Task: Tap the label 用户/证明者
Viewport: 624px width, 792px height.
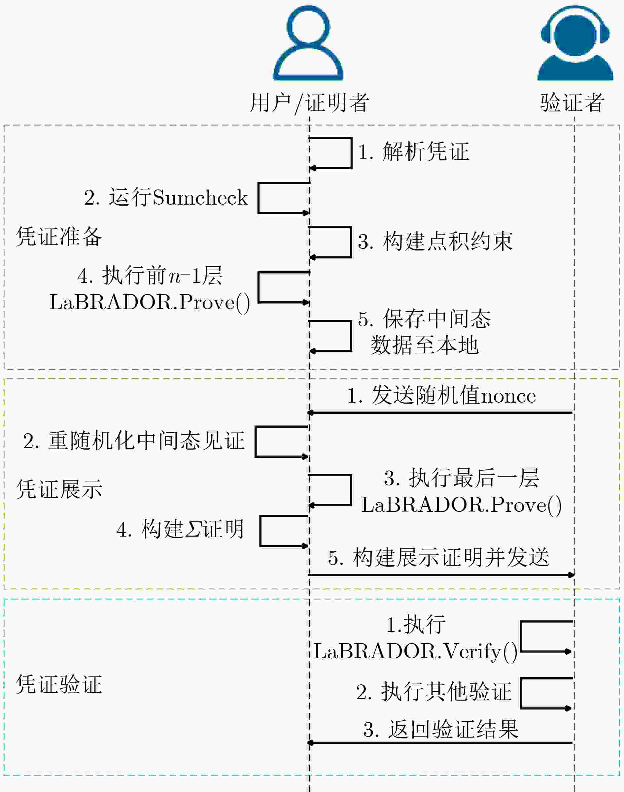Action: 309,103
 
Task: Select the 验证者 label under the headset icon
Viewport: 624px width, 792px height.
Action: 572,102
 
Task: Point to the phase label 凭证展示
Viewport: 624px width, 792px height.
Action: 59,489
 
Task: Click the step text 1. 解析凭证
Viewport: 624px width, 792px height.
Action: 414,151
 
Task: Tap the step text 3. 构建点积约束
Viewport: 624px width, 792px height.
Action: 435,241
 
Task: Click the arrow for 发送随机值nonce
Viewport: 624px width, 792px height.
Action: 440,412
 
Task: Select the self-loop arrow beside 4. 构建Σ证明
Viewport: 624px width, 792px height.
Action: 260,531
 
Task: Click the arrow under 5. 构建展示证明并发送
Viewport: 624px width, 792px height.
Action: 441,575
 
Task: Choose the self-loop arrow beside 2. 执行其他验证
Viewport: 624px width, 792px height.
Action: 521,693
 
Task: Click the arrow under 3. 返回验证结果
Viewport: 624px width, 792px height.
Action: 440,743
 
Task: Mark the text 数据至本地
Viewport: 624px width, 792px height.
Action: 424,345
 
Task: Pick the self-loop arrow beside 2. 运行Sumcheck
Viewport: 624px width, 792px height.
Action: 259,198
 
